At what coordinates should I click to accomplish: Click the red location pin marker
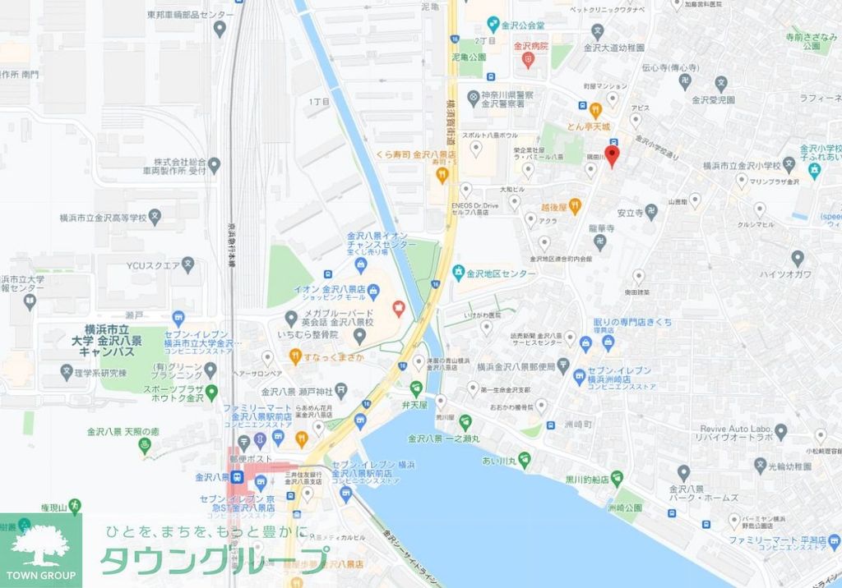click(x=611, y=156)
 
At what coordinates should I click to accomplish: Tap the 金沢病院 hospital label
click(x=530, y=47)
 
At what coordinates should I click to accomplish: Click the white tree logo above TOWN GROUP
click(x=41, y=541)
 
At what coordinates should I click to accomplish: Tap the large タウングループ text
click(x=214, y=560)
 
